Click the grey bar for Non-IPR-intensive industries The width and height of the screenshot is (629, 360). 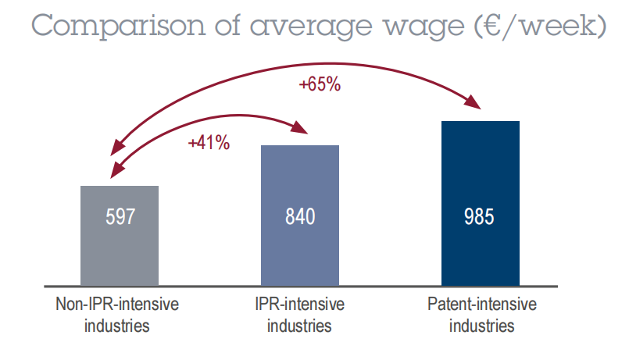(120, 234)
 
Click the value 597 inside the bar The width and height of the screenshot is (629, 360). (120, 216)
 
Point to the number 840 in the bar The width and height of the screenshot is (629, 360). (300, 216)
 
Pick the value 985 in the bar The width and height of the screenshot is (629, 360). (479, 216)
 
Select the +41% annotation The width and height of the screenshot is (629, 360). (209, 143)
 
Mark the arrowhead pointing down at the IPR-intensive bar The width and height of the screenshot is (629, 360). (302, 127)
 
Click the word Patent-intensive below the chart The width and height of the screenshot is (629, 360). (482, 305)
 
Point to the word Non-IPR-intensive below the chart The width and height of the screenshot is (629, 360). (117, 305)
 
